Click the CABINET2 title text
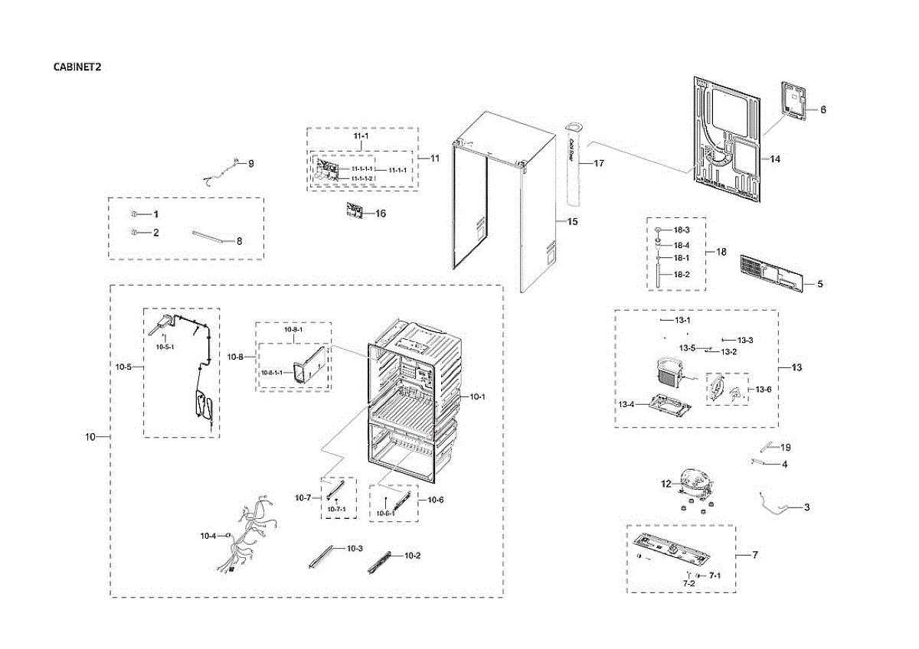point(77,67)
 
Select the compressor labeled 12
point(694,486)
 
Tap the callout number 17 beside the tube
point(599,163)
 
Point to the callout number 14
point(775,159)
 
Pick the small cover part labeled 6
point(795,100)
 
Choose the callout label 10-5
point(123,367)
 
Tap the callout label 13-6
point(764,390)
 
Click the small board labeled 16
point(353,211)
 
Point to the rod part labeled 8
point(210,236)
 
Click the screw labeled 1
point(134,214)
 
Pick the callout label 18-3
point(682,230)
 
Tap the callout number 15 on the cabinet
point(572,221)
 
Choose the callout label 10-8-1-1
point(271,373)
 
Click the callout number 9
point(250,163)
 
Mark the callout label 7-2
point(688,584)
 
